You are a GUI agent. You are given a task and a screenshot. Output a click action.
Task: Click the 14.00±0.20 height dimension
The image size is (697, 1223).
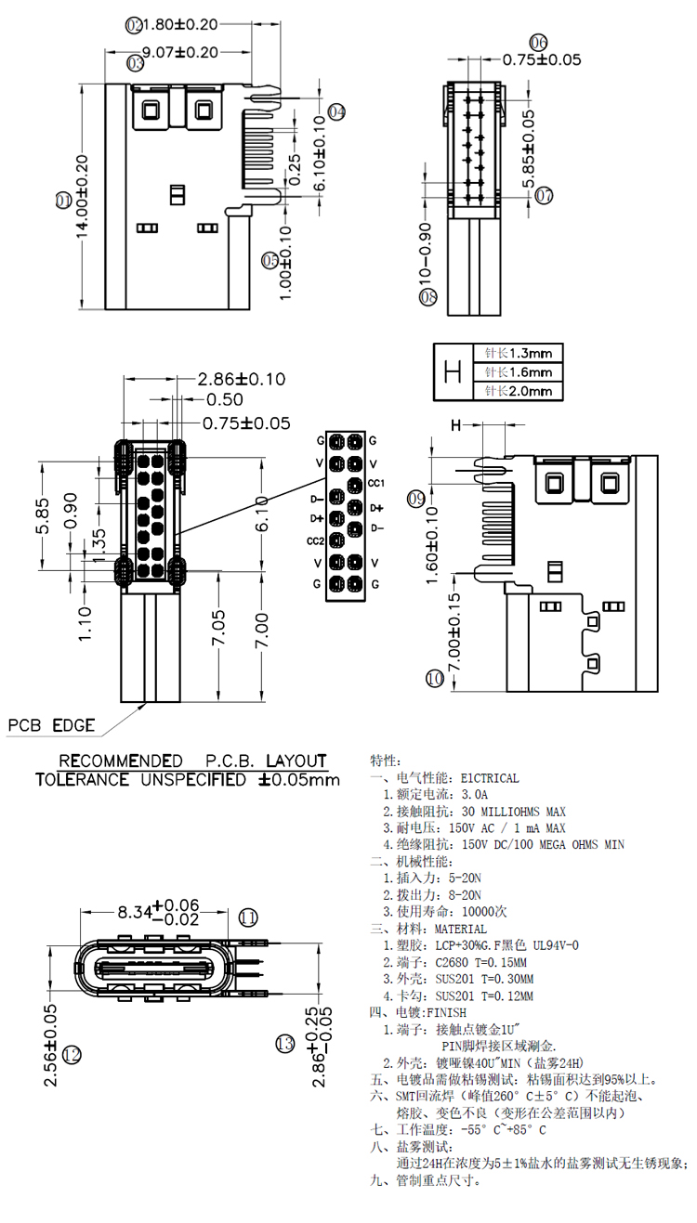point(82,198)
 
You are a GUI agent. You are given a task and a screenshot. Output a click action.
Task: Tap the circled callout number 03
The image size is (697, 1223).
point(136,63)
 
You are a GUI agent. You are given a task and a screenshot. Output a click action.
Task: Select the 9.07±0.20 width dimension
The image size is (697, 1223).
point(181,53)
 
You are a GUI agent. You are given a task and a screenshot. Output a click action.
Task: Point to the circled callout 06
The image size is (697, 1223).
point(539,42)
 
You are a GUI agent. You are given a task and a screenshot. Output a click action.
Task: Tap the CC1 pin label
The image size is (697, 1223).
point(376,483)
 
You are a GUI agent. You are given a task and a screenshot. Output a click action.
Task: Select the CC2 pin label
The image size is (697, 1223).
point(315,540)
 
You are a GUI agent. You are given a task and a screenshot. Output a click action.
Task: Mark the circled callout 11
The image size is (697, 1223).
point(248,917)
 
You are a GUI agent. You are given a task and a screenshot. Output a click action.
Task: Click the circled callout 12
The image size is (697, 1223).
point(72,1054)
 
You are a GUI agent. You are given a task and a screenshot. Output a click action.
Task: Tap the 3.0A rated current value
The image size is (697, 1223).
point(474,795)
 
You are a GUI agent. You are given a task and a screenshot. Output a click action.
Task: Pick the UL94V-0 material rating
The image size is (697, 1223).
point(548,945)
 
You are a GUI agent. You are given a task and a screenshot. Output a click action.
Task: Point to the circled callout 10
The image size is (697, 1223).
point(434,679)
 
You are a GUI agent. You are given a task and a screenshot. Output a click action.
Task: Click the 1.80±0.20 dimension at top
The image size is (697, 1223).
point(183,24)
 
